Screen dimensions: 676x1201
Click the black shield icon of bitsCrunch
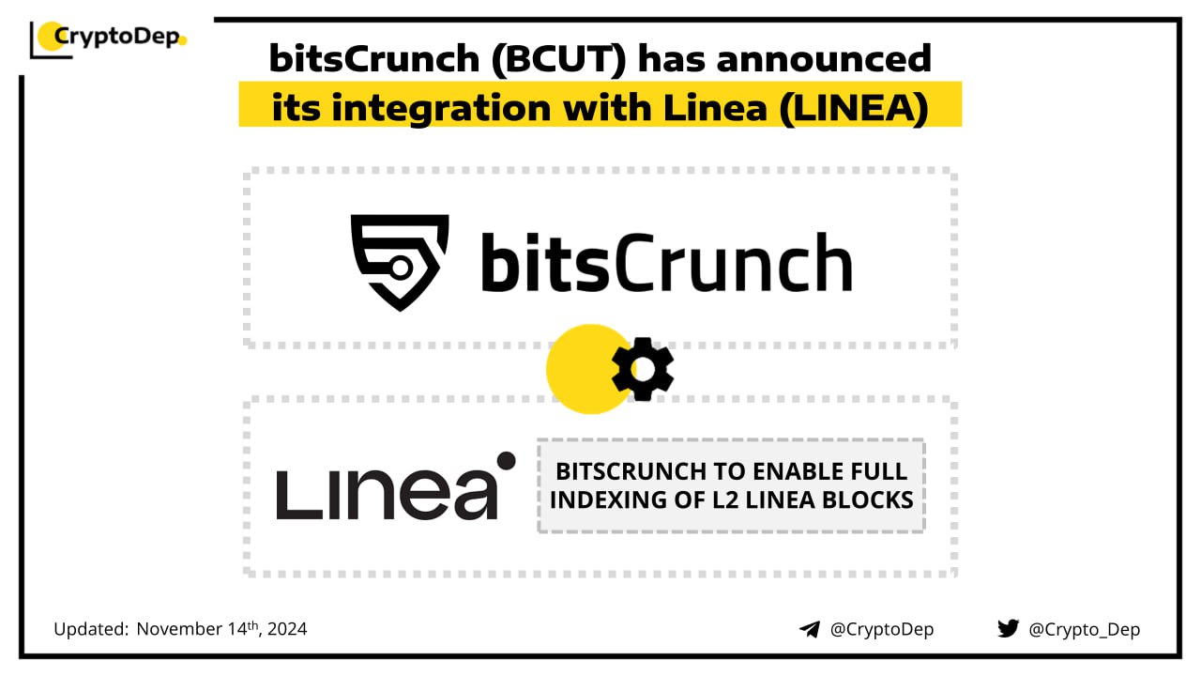click(x=400, y=262)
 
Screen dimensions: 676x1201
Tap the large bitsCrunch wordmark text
click(x=666, y=262)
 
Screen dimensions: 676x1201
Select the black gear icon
click(x=643, y=369)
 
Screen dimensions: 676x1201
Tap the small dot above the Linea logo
click(x=506, y=460)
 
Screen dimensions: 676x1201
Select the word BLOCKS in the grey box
click(x=868, y=499)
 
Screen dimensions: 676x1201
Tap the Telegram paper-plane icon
click(x=809, y=629)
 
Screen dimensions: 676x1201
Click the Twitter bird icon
click(x=1008, y=628)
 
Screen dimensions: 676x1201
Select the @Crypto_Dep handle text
click(x=1085, y=629)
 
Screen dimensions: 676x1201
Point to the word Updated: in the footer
click(x=91, y=629)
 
